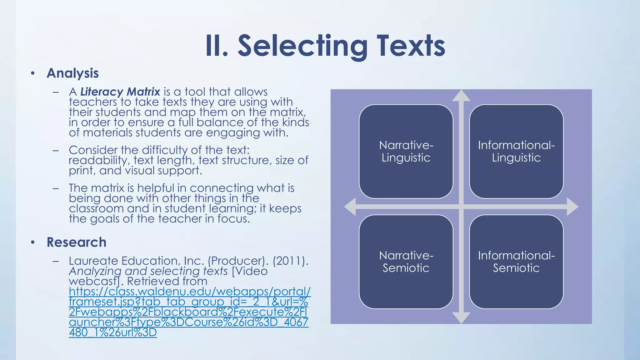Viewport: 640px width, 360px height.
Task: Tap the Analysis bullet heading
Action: [x=72, y=73]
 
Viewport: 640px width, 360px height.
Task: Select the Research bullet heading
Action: [x=77, y=242]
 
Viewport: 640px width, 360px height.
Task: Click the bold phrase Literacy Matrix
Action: [x=120, y=92]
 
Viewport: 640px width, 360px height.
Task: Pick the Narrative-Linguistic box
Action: [x=406, y=152]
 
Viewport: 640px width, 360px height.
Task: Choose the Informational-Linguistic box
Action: [x=516, y=152]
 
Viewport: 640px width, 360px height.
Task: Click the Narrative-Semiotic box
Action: [x=406, y=262]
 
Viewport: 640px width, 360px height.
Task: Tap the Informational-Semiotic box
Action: [x=516, y=262]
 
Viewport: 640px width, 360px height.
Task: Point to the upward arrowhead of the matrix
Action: [x=461, y=96]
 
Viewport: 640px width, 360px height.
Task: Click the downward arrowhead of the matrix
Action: [x=461, y=318]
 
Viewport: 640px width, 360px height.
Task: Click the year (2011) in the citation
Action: [x=290, y=261]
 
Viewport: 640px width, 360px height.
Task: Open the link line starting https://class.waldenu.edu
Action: [x=190, y=292]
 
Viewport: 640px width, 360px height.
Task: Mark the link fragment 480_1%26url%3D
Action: [x=112, y=332]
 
